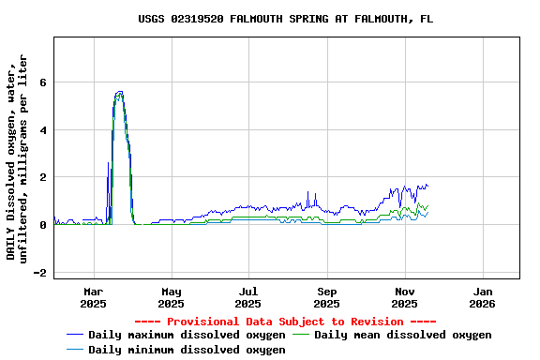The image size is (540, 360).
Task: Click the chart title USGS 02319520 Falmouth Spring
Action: (285, 19)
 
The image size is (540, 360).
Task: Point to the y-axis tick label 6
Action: (42, 82)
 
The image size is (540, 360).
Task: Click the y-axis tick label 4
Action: (42, 130)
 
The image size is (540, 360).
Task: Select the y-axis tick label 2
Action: (42, 177)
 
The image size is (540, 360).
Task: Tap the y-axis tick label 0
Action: (42, 225)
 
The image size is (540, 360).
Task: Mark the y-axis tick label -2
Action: (39, 273)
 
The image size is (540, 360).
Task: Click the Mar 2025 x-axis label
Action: (94, 297)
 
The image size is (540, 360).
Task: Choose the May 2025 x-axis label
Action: (171, 297)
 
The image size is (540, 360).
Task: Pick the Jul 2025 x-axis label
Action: (248, 297)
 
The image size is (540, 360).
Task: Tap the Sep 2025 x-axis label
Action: (326, 297)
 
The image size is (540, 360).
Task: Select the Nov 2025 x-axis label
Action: (404, 297)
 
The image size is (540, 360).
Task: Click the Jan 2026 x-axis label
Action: (482, 297)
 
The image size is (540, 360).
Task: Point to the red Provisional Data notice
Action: (285, 322)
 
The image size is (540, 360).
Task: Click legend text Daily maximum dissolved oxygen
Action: (187, 335)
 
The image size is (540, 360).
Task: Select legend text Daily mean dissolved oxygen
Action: (402, 335)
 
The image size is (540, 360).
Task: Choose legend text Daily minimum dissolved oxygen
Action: (187, 350)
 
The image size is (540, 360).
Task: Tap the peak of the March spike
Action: (119, 92)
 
